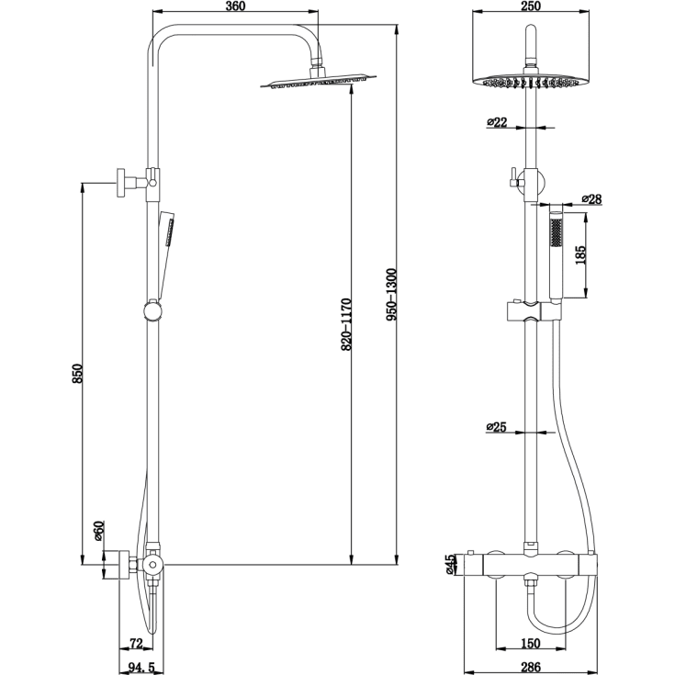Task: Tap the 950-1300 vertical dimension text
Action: pos(391,293)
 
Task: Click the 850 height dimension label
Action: pos(78,374)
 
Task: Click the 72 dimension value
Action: pos(135,642)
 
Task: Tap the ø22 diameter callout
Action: pos(496,121)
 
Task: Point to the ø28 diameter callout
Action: pos(591,199)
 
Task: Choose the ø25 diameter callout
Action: pos(496,427)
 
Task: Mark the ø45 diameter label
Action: pos(450,564)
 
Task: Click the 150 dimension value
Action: pos(531,642)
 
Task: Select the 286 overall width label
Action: pos(531,666)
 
